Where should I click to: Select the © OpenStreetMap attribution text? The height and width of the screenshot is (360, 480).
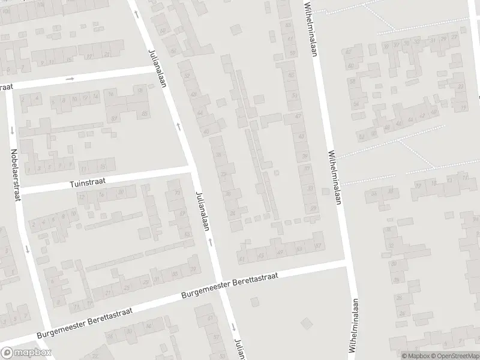click(x=455, y=355)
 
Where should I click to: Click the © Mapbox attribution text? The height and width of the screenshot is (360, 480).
click(x=416, y=355)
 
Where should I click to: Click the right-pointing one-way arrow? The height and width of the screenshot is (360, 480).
click(x=70, y=79)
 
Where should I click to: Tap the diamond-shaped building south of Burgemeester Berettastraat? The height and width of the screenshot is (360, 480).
click(x=307, y=323)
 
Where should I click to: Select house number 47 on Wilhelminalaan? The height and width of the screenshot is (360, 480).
click(x=298, y=116)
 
